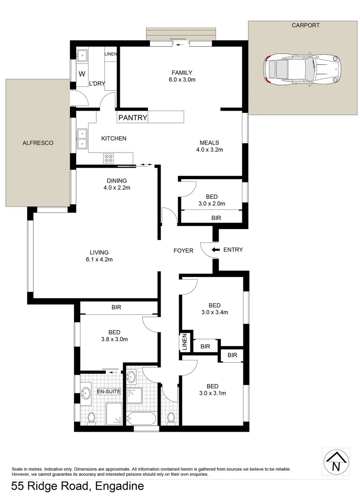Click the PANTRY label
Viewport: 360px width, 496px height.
click(x=133, y=118)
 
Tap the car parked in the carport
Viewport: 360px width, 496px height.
click(x=301, y=69)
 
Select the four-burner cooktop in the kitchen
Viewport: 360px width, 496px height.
click(x=109, y=158)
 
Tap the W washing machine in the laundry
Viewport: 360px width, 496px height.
click(x=83, y=73)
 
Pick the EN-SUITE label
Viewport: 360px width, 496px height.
click(x=108, y=391)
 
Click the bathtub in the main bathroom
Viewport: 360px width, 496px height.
click(x=142, y=418)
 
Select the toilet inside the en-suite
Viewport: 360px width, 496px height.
click(x=91, y=418)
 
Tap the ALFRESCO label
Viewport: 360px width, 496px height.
click(x=38, y=143)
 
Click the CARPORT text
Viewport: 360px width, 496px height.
click(x=305, y=25)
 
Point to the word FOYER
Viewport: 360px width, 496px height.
click(x=183, y=250)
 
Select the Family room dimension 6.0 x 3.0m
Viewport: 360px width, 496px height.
click(x=182, y=79)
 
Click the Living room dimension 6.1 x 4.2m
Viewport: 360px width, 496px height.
click(x=99, y=259)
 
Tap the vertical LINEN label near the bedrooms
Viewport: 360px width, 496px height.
click(x=185, y=342)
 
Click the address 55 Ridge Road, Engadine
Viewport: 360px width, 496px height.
click(x=78, y=486)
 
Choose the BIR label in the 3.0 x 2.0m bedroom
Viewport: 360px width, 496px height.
click(x=216, y=218)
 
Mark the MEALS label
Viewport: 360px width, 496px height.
click(x=209, y=142)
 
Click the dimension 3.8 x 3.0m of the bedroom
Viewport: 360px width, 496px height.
click(x=114, y=339)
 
